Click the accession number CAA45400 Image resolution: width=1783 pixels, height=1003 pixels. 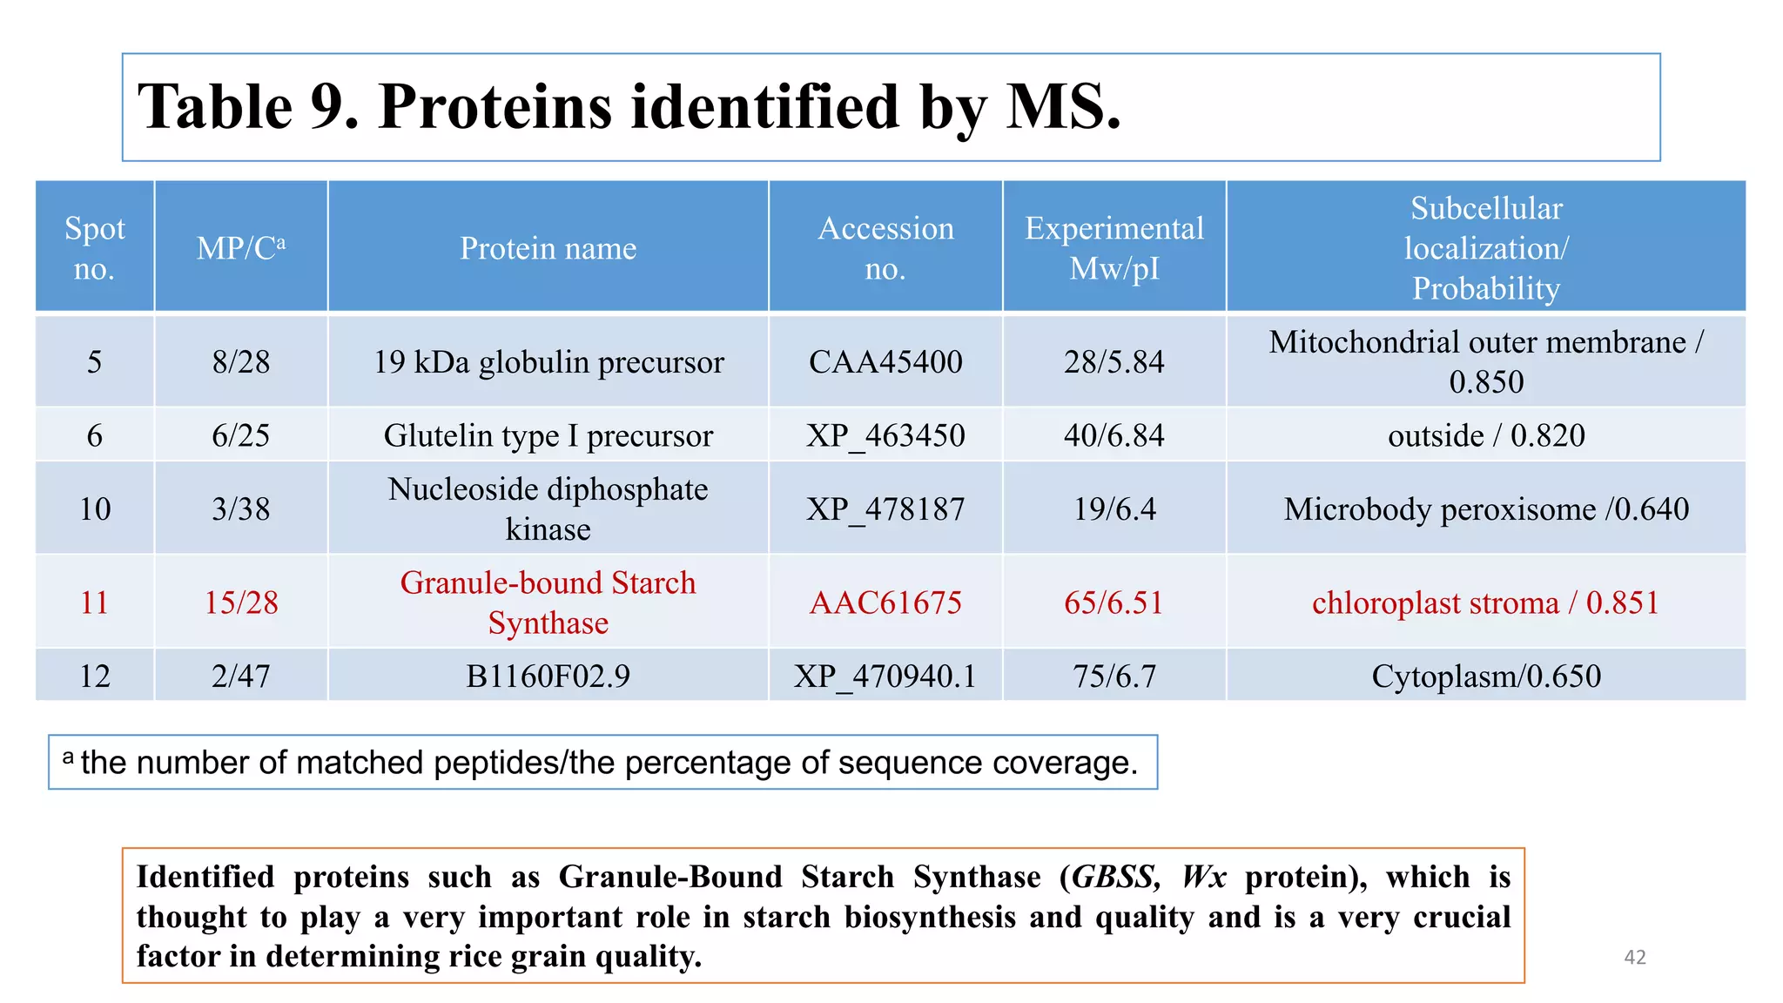coord(885,361)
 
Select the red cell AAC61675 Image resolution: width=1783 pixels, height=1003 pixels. coord(885,602)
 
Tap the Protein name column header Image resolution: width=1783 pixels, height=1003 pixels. coord(548,248)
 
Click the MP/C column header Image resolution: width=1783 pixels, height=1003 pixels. coord(240,248)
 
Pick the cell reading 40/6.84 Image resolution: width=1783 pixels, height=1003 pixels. coord(1114,435)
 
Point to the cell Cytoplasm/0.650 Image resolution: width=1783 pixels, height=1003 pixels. coord(1485,677)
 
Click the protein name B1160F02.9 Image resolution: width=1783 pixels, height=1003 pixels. coord(548,677)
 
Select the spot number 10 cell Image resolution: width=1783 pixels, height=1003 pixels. coord(95,508)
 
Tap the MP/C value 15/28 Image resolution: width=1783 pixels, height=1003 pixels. coord(240,602)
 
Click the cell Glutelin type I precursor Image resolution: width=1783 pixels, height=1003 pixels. coord(548,435)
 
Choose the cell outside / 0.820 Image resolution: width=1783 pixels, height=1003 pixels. coord(1485,435)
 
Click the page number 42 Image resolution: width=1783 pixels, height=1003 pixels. coord(1634,957)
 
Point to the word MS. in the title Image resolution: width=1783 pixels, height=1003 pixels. coord(1063,107)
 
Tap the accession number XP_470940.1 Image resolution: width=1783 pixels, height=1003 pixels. coord(885,677)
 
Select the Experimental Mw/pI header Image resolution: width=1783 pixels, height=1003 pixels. coord(1114,248)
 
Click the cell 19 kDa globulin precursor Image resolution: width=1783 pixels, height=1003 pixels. coord(548,361)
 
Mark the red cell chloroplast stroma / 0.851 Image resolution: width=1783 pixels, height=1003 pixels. coord(1485,602)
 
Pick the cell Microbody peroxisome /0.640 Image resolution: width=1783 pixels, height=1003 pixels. coord(1485,508)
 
